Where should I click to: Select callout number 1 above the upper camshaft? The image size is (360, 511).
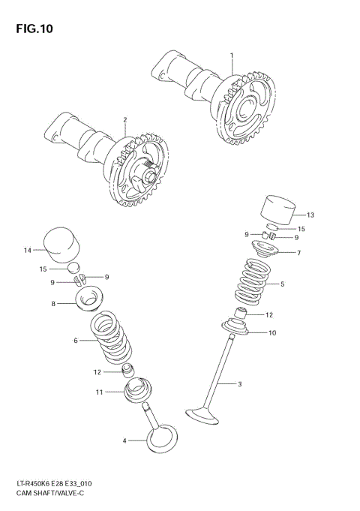(x=232, y=56)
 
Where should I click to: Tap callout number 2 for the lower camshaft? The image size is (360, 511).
(x=125, y=119)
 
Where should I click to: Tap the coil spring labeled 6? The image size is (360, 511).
(x=110, y=342)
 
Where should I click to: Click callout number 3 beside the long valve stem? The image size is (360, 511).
(x=240, y=385)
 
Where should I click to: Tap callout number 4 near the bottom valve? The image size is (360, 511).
(x=124, y=440)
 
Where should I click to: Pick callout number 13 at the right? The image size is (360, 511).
(x=310, y=215)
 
